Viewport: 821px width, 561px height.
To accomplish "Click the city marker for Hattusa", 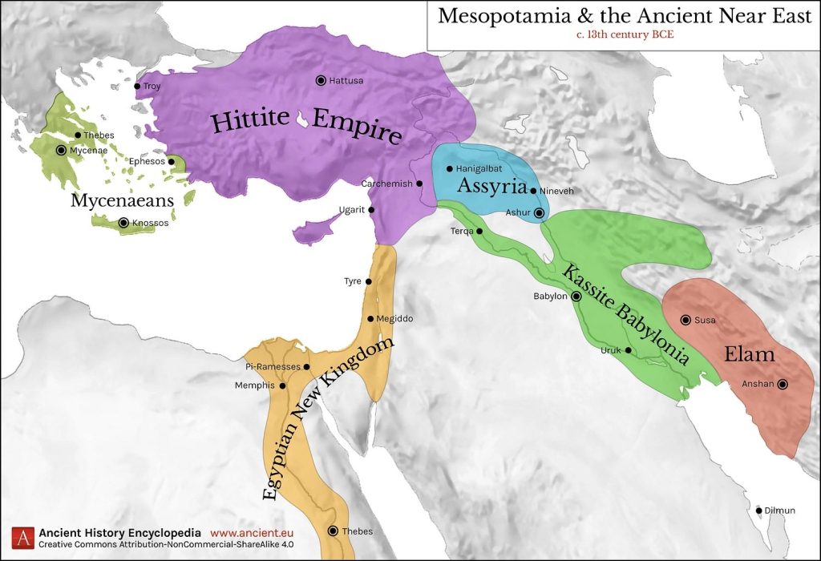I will point(321,80).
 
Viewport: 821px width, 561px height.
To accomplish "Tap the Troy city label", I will point(152,86).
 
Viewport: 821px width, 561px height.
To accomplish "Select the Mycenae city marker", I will point(61,150).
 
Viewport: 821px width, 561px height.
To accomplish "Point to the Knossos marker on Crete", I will point(123,223).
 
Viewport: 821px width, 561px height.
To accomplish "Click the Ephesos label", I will point(146,161).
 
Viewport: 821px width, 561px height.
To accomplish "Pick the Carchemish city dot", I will point(419,184).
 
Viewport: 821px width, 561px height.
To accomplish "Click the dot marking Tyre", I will point(369,281).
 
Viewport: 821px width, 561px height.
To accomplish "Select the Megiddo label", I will point(394,319).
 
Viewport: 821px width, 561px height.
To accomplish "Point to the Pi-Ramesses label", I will point(273,366).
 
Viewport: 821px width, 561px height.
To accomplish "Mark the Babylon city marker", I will point(576,296).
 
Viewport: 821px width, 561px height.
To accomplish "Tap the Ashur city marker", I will point(539,212).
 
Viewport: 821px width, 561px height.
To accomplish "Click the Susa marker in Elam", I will point(686,320).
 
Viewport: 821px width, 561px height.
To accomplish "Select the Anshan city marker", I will point(783,384).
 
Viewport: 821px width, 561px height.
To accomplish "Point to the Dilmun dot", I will point(758,511).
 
